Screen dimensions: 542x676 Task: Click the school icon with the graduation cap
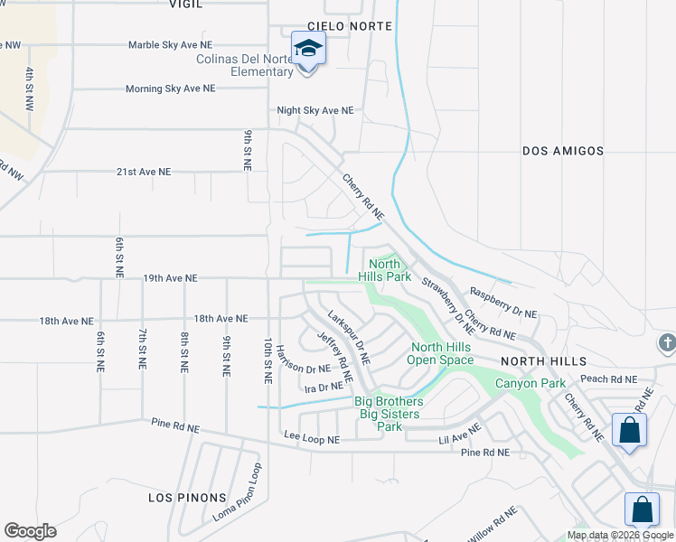[x=308, y=48]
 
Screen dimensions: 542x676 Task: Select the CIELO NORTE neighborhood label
[x=350, y=27]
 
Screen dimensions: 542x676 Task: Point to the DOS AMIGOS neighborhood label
[x=563, y=152]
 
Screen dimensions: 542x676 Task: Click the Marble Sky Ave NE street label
[x=170, y=44]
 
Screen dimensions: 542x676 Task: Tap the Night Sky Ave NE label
[x=315, y=110]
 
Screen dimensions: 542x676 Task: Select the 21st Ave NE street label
[x=143, y=171]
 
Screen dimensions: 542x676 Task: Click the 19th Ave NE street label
[x=170, y=278]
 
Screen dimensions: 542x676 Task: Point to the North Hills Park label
[x=384, y=271]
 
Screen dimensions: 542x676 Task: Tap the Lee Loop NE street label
[x=312, y=439]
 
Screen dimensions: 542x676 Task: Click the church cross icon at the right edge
[x=667, y=343]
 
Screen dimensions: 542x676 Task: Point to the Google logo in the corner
[x=30, y=531]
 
